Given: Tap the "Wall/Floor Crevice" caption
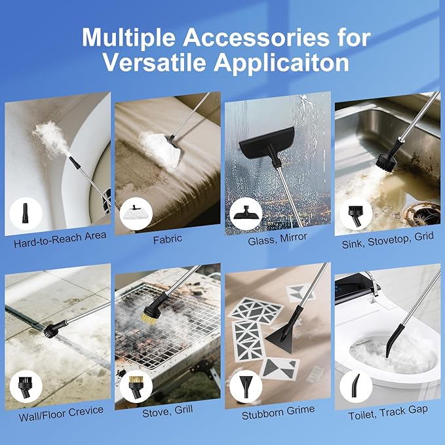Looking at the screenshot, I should (x=58, y=411).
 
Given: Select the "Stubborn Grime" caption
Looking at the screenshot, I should (x=278, y=410).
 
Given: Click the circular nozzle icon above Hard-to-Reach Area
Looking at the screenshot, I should (x=26, y=214).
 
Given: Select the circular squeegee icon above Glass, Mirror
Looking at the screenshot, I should (x=245, y=214).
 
